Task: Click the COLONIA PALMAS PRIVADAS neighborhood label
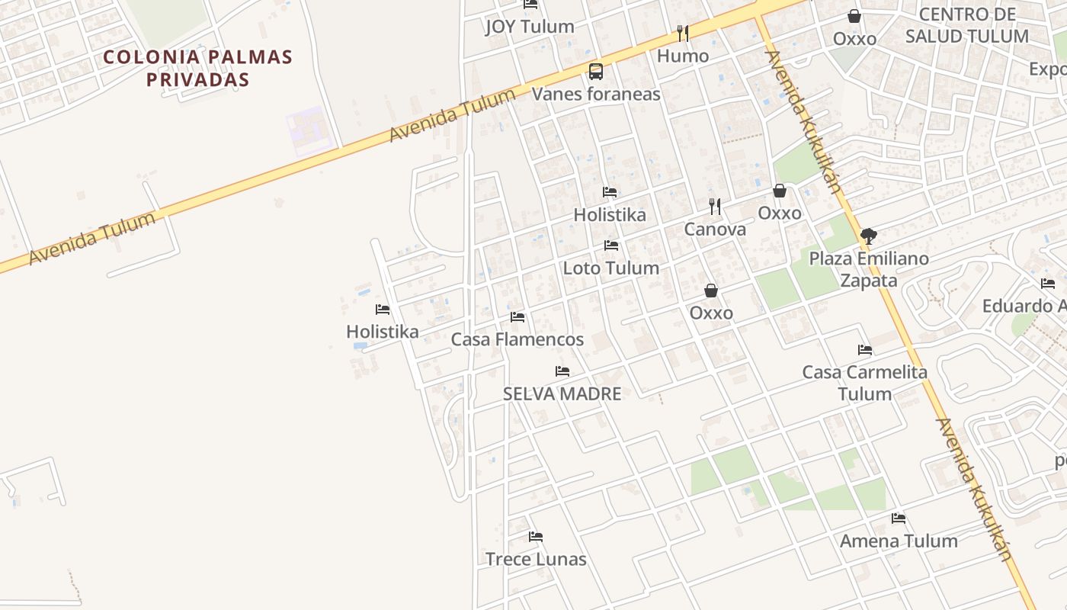pos(197,68)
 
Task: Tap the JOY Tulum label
pos(530,27)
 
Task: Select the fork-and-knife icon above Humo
pos(682,34)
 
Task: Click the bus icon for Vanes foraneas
pos(596,72)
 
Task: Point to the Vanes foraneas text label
pos(596,94)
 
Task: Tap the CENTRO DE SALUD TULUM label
pos(966,25)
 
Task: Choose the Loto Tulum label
pos(610,268)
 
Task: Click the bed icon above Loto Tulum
pos(610,246)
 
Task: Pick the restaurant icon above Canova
pos(715,206)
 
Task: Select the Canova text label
pos(715,230)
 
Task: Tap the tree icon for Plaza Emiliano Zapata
pos(868,236)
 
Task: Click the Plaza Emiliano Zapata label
pos(869,269)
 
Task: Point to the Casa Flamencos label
pos(517,339)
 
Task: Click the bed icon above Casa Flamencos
pos(517,317)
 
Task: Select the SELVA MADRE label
pos(562,393)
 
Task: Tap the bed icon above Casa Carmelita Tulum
pos(864,350)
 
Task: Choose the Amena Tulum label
pos(899,541)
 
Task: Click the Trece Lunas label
pos(536,559)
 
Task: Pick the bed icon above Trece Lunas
pos(536,537)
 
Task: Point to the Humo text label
pos(682,56)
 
